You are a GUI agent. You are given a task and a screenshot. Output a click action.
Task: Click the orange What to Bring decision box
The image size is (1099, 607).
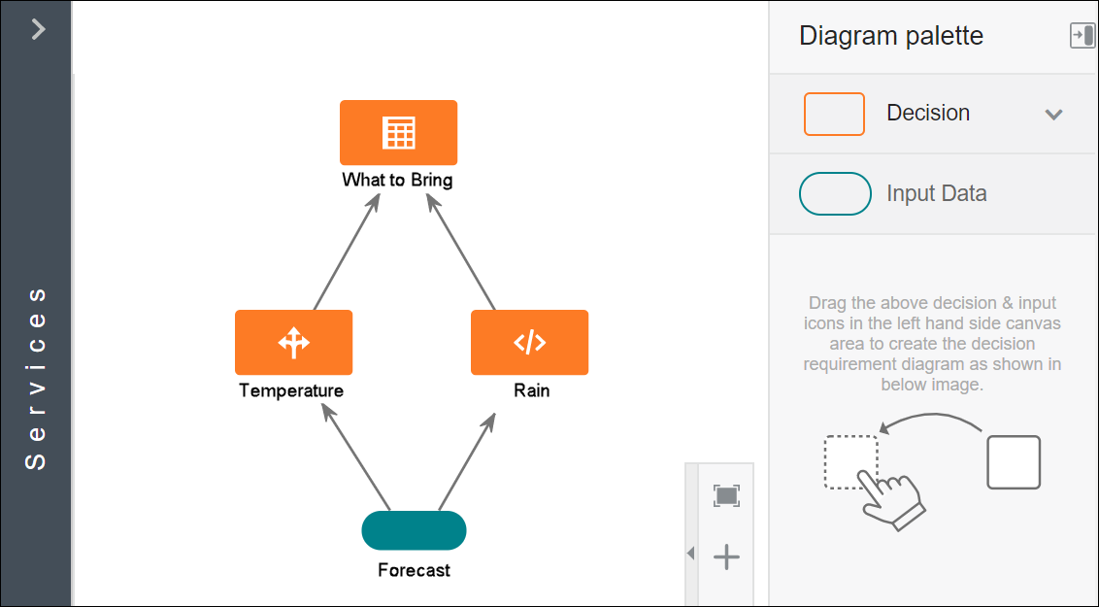tap(398, 132)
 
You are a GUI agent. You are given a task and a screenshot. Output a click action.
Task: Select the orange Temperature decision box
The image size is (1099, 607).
tap(293, 342)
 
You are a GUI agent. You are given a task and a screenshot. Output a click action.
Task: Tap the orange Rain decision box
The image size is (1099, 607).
tap(529, 342)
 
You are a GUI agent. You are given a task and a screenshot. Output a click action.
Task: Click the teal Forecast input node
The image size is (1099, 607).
tap(414, 530)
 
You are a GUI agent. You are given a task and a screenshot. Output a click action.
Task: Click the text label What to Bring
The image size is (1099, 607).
tap(397, 180)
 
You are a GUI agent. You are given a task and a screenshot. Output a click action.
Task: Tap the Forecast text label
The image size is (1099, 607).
tap(414, 570)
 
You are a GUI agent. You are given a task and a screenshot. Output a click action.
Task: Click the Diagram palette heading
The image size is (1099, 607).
tap(891, 36)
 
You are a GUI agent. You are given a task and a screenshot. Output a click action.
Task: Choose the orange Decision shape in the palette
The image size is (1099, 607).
tap(834, 114)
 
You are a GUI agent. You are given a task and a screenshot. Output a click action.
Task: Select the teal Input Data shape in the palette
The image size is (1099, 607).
tap(834, 193)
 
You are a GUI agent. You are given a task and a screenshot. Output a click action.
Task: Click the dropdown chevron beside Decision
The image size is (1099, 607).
tap(1053, 115)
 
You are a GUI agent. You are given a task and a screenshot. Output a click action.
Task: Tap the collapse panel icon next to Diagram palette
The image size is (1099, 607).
tap(1081, 36)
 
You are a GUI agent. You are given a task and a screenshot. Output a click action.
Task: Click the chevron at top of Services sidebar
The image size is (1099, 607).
tap(38, 29)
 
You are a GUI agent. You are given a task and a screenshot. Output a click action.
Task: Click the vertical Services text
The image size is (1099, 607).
tap(36, 378)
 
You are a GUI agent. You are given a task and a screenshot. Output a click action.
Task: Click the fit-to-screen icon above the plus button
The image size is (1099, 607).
tap(726, 495)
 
